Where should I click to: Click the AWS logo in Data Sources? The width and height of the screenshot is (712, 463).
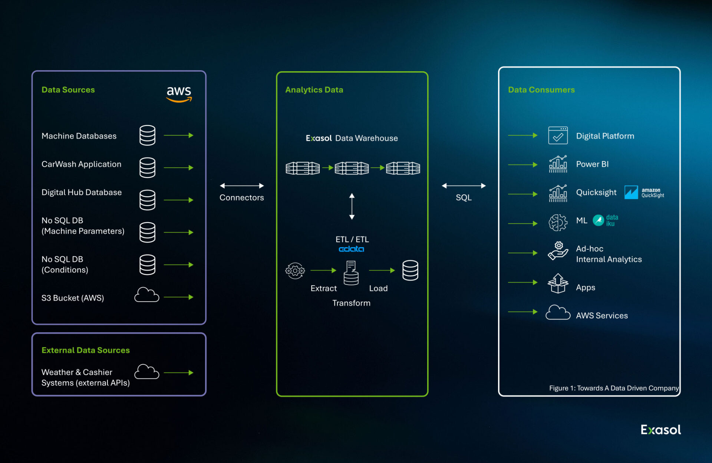click(179, 94)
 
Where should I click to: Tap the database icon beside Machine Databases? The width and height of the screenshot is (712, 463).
click(147, 135)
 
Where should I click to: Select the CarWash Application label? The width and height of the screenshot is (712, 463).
click(81, 164)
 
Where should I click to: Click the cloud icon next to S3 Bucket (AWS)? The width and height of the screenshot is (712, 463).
click(146, 295)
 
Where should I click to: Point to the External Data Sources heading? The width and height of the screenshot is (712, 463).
click(86, 350)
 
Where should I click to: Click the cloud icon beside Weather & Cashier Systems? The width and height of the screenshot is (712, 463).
click(146, 372)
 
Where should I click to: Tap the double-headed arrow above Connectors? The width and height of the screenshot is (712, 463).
click(242, 186)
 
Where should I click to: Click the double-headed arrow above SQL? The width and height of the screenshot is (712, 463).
click(464, 186)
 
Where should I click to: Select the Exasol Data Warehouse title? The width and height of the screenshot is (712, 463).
click(352, 138)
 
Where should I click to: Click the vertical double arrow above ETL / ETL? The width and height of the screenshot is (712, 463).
click(352, 206)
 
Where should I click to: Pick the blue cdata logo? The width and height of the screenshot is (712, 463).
click(351, 249)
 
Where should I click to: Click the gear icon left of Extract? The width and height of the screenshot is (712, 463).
click(295, 271)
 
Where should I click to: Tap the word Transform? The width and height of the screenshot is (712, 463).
click(351, 303)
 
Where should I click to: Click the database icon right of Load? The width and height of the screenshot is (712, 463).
click(410, 270)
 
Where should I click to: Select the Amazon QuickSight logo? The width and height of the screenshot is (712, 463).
click(644, 193)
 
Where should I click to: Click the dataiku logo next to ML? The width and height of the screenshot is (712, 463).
click(605, 220)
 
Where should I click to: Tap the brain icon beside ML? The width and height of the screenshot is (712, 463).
click(558, 223)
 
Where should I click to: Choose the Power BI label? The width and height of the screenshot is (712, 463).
click(592, 164)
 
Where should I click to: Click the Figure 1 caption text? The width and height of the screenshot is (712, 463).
click(614, 388)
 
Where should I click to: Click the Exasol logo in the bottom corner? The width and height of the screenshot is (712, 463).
click(660, 430)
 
